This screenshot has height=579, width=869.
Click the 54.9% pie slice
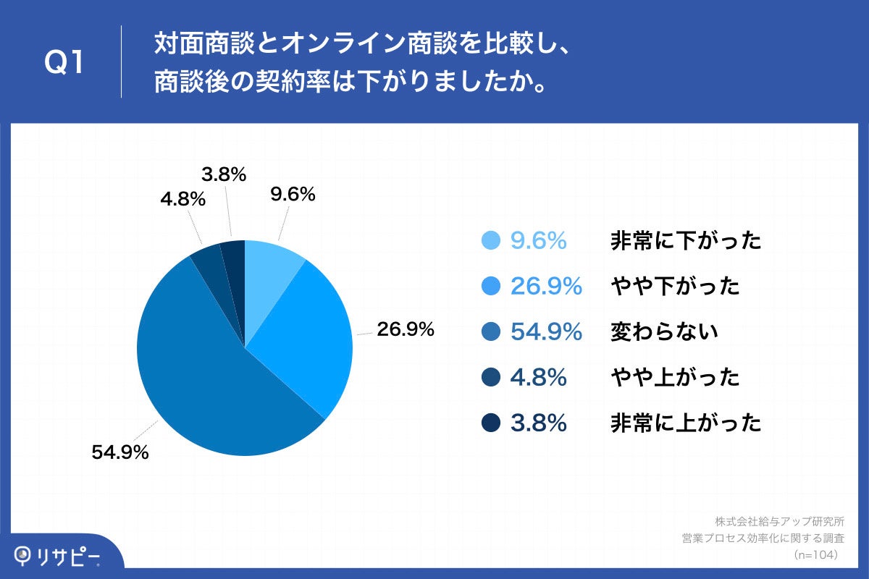(210, 384)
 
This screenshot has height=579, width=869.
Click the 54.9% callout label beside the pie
(120, 453)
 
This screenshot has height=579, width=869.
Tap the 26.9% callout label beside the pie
(405, 330)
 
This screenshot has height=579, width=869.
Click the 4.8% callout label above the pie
(182, 199)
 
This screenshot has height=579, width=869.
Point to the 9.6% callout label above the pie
(293, 194)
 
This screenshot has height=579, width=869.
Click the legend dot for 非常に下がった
(490, 240)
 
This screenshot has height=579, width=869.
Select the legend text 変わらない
(664, 332)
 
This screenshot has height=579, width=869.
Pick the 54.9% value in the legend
(547, 332)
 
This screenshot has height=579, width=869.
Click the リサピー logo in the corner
(58, 556)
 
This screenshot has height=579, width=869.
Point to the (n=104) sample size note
(815, 554)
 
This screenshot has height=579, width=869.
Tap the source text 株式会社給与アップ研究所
(780, 521)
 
